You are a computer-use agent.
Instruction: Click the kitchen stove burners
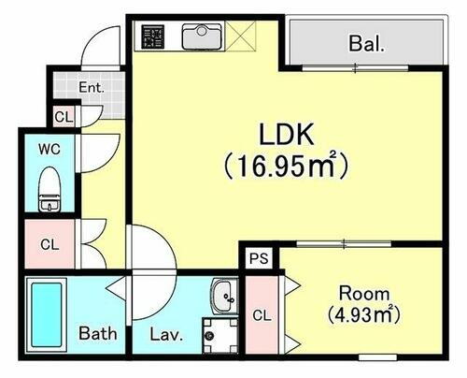[152, 36]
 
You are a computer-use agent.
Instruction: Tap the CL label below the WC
[50, 245]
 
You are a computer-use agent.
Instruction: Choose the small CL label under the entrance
[62, 117]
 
